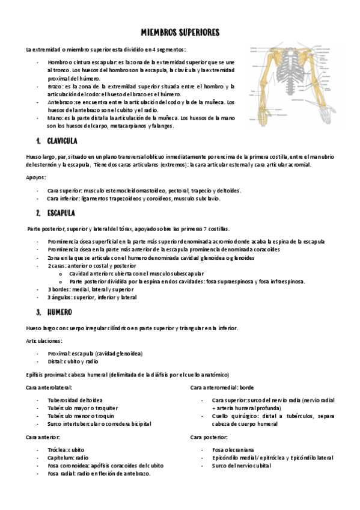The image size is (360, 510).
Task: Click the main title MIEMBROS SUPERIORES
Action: click(x=180, y=32)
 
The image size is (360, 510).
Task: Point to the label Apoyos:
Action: click(x=36, y=177)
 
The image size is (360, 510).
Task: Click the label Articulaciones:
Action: click(x=44, y=341)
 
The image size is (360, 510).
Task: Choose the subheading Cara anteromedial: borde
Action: click(x=222, y=388)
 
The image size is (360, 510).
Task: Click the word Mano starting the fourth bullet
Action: click(x=55, y=118)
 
